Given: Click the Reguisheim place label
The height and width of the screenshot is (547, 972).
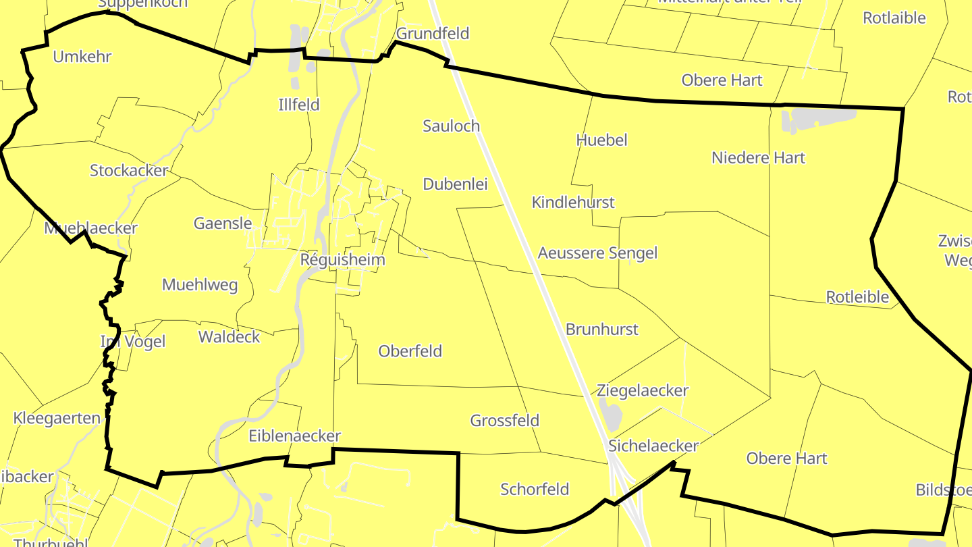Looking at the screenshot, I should click(x=342, y=260).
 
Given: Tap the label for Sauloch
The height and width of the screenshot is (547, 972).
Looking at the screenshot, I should click(x=451, y=126).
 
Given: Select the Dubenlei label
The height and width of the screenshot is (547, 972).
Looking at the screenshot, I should click(x=455, y=184).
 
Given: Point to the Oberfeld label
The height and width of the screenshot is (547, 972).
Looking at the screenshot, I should click(x=410, y=351).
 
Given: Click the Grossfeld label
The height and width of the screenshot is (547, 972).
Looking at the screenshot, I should click(x=505, y=421).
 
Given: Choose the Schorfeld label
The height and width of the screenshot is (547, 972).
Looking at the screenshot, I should click(x=535, y=489).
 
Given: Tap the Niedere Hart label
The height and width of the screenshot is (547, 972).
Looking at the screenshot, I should click(x=758, y=158).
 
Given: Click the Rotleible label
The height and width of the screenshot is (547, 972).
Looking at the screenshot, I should click(x=857, y=297).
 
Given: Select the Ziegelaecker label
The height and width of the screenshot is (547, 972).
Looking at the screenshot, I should click(x=643, y=390).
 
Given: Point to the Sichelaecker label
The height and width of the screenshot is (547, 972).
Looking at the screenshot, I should click(x=653, y=446).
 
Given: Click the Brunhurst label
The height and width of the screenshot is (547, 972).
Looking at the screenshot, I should click(x=602, y=330).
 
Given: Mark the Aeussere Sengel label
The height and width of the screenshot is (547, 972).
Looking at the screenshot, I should click(x=597, y=253).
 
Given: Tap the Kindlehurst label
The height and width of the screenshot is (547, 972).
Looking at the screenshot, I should click(x=573, y=202).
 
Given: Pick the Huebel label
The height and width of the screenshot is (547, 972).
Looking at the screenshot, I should click(x=601, y=140).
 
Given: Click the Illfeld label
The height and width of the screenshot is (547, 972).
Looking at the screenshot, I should click(x=299, y=105).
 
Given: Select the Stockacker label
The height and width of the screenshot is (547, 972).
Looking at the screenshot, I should click(x=128, y=171).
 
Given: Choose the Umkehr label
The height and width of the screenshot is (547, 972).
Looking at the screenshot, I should click(x=82, y=56).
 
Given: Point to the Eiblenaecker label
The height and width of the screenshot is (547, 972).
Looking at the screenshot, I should click(x=294, y=436).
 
